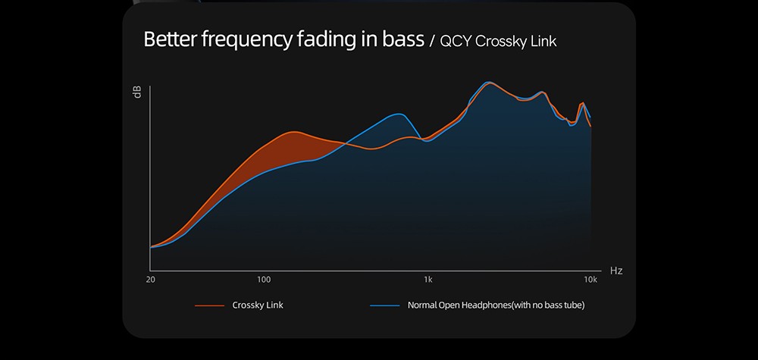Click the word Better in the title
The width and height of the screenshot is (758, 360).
[x=170, y=39]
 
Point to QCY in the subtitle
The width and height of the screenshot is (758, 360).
[x=455, y=42]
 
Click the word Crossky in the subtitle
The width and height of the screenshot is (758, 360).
[x=503, y=42]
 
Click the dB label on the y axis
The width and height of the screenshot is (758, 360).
[x=137, y=92]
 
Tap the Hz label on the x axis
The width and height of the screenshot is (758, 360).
[x=615, y=271]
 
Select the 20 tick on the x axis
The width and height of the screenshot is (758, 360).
[x=151, y=280]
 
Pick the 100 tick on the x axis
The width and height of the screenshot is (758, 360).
[x=264, y=280]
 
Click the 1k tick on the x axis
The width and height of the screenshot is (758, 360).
[x=428, y=280]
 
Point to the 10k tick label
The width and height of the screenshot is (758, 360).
[x=590, y=280]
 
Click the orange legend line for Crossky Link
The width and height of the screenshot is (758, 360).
[x=209, y=305]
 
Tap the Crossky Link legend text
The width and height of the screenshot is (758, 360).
[x=258, y=305]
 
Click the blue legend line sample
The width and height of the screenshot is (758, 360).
[x=384, y=305]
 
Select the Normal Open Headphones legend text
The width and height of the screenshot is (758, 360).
[x=496, y=305]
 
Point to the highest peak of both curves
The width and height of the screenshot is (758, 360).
[x=488, y=83]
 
